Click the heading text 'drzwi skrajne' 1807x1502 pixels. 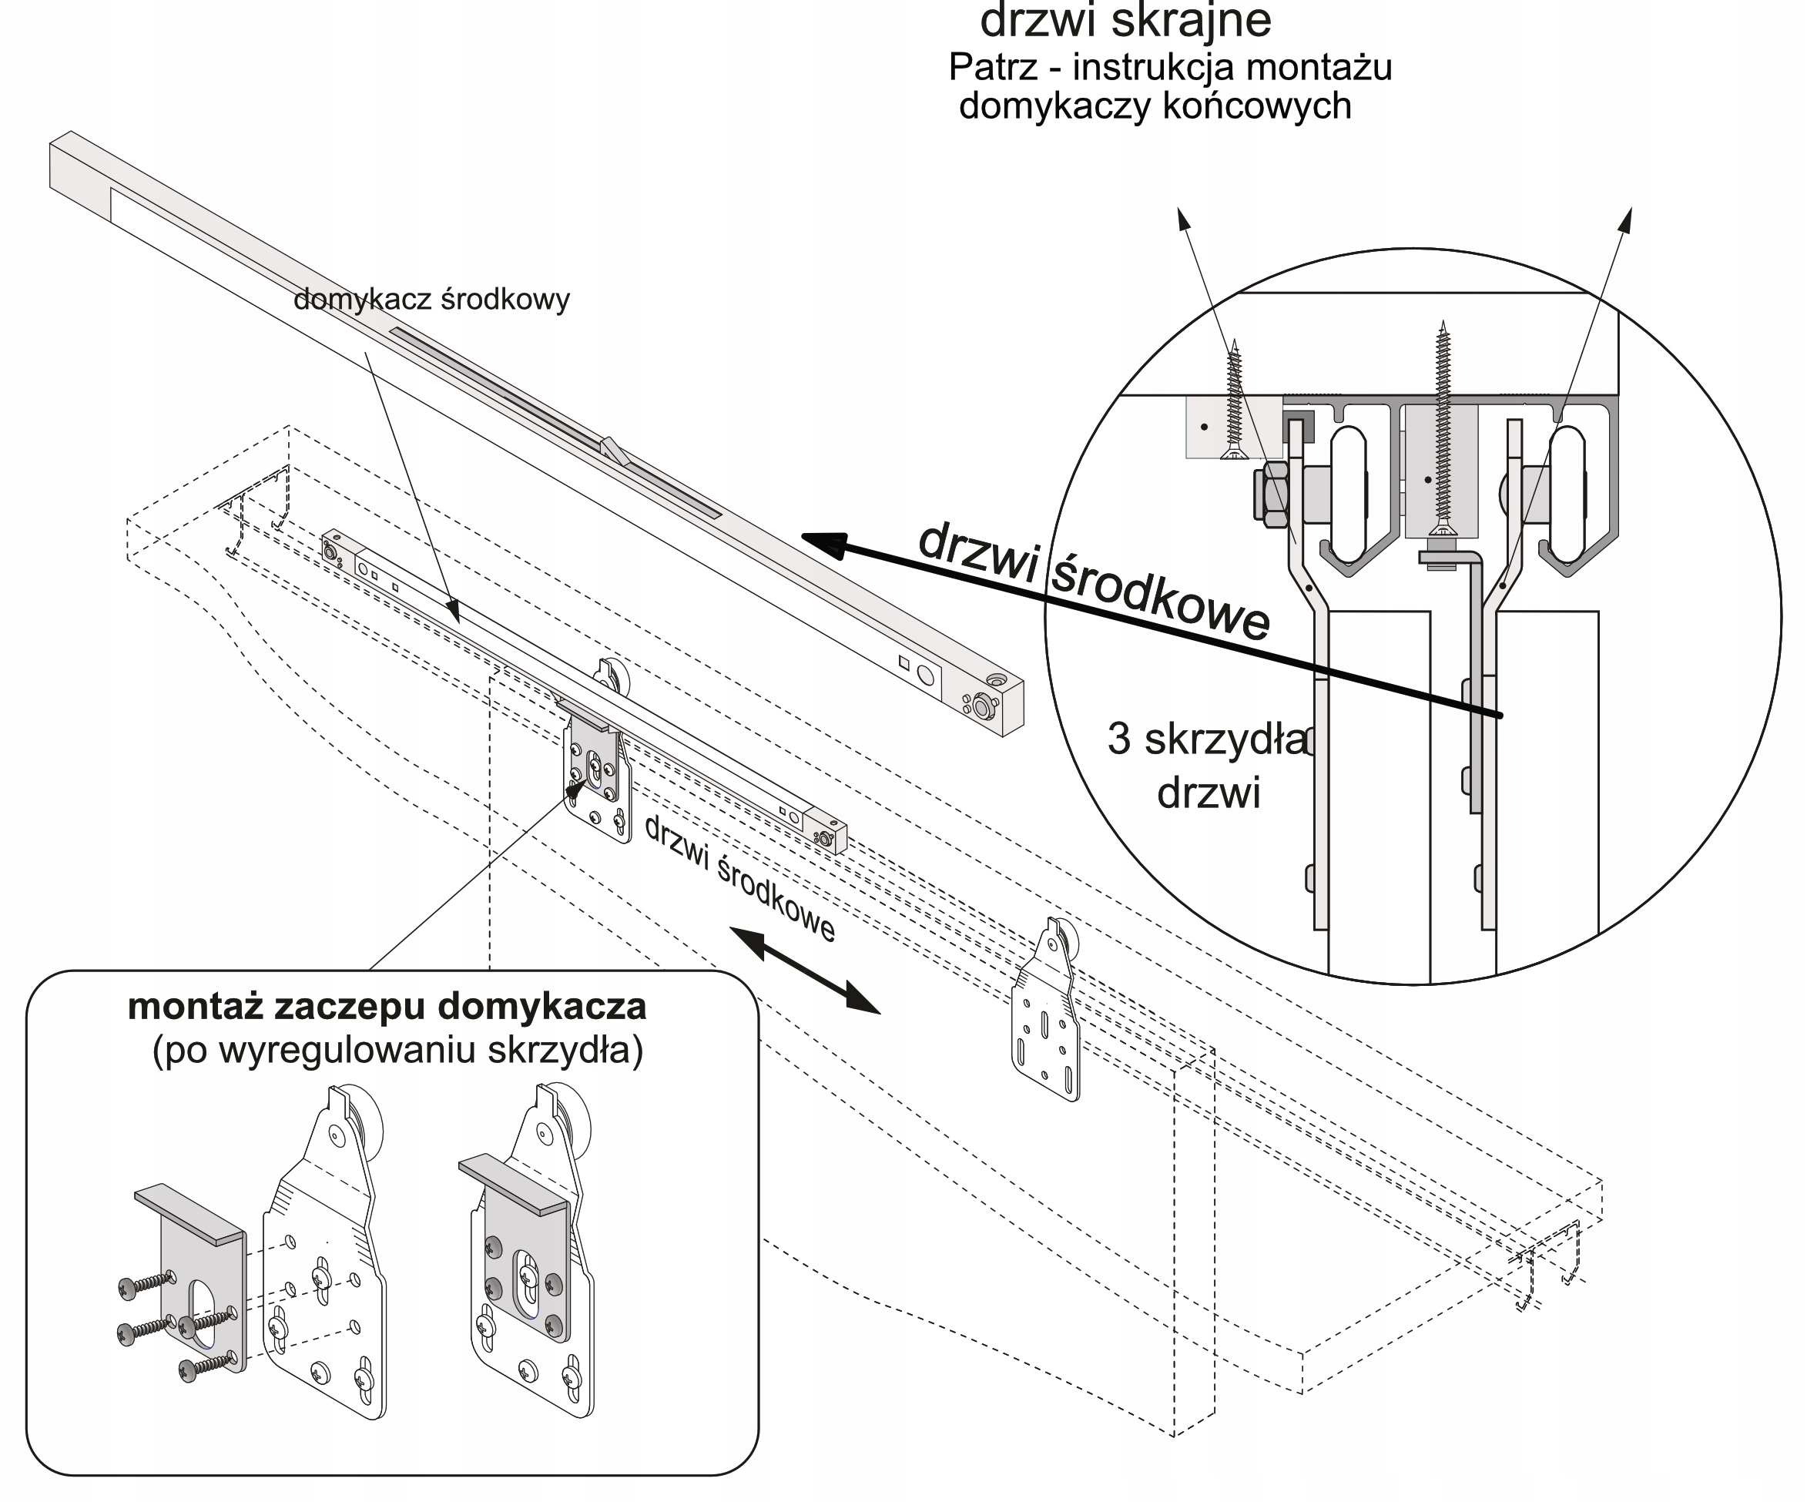[x=1125, y=22]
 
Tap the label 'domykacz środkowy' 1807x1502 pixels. [x=431, y=300]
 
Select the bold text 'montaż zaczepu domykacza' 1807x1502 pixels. [x=387, y=1007]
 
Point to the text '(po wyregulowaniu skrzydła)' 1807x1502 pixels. [x=397, y=1051]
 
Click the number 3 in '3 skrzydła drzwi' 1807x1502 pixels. [x=1118, y=739]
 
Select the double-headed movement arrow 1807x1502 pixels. [x=805, y=970]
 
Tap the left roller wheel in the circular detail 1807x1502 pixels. [x=1349, y=486]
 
